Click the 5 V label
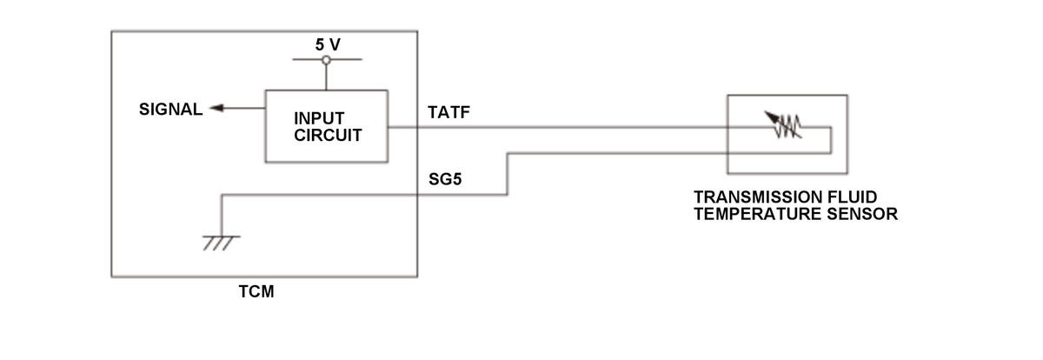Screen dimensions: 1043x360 pyautogui.click(x=328, y=44)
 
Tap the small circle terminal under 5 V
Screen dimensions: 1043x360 pyautogui.click(x=327, y=60)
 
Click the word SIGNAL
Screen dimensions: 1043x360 pyautogui.click(x=171, y=110)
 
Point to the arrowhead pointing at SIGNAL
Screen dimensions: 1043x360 pyautogui.click(x=216, y=108)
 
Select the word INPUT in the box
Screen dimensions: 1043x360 pyautogui.click(x=319, y=118)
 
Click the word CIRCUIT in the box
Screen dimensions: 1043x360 pyautogui.click(x=328, y=136)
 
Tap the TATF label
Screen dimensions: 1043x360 pyautogui.click(x=448, y=112)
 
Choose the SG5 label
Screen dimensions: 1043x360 pyautogui.click(x=445, y=179)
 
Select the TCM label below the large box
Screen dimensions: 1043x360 pyautogui.click(x=256, y=291)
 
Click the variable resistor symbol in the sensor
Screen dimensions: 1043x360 pyautogui.click(x=784, y=125)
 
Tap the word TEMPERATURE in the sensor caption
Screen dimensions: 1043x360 pyautogui.click(x=758, y=214)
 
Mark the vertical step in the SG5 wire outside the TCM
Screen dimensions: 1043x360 pyautogui.click(x=508, y=174)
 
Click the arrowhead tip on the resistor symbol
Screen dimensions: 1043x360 pyautogui.click(x=765, y=111)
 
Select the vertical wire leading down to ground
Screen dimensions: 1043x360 pyautogui.click(x=221, y=216)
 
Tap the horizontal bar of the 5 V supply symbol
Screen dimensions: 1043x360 pyautogui.click(x=327, y=60)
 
